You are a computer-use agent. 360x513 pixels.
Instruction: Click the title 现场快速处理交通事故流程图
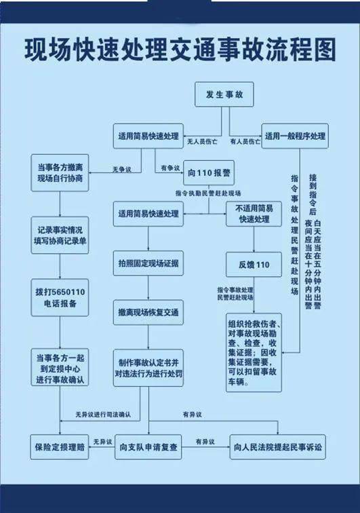180,50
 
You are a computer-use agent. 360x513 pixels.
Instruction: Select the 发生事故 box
224,94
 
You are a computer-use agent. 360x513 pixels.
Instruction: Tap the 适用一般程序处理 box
295,136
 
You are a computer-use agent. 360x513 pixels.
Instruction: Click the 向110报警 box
209,173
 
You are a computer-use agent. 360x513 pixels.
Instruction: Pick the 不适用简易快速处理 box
254,214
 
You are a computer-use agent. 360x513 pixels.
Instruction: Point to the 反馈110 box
254,265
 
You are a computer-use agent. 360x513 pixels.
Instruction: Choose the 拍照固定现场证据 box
148,263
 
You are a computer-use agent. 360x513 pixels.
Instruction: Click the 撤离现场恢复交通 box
148,312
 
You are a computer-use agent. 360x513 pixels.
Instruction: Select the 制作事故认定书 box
148,368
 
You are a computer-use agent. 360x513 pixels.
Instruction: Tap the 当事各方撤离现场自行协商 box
60,173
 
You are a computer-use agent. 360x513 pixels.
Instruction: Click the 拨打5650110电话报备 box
60,298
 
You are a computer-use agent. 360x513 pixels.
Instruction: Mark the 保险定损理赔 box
60,447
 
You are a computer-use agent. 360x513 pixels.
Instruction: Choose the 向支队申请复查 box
148,447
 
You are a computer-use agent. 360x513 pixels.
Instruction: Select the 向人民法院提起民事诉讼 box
278,447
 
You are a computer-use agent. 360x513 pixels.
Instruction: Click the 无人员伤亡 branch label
202,142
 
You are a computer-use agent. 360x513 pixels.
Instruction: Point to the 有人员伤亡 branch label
245,142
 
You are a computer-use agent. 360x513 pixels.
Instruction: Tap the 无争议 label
122,170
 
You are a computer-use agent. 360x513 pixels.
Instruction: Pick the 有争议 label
170,168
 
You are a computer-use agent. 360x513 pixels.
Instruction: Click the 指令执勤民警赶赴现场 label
208,193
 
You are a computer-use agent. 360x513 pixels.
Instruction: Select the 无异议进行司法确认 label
103,415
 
